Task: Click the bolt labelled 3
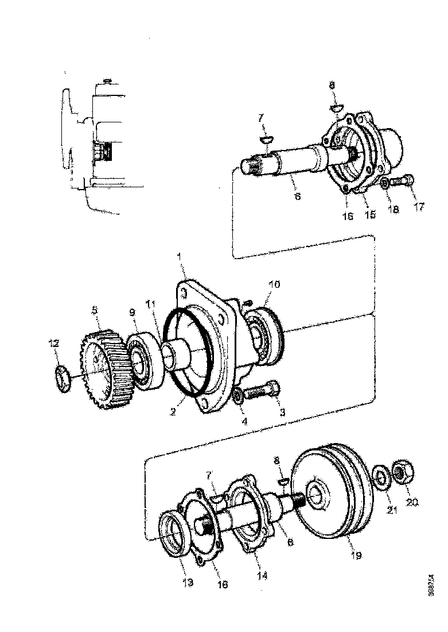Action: click(262, 392)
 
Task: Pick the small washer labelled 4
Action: click(236, 397)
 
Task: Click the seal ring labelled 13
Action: click(173, 537)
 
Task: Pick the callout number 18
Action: click(393, 211)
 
